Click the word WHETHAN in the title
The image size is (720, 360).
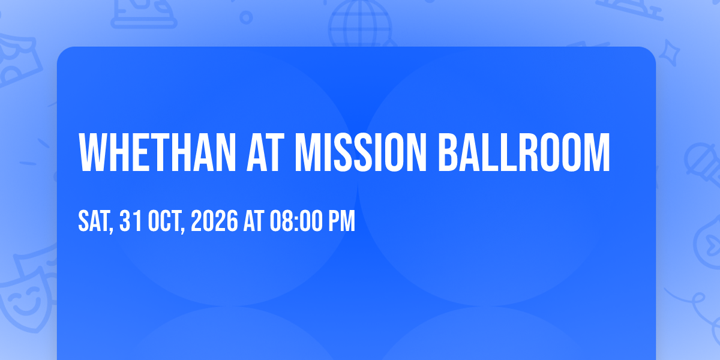[x=157, y=152]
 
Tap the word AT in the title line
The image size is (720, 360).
[x=265, y=152]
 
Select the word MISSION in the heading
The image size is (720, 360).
[x=361, y=152]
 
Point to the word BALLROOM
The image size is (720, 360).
[x=524, y=152]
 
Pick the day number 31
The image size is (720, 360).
[x=131, y=221]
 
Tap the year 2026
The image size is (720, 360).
[x=214, y=221]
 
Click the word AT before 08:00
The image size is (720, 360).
[x=254, y=221]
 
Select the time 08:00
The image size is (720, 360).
[x=296, y=221]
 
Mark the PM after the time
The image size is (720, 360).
[x=341, y=221]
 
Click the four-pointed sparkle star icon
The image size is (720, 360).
[x=670, y=53]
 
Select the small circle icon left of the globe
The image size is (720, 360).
[x=246, y=17]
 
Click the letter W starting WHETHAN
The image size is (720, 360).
[x=92, y=152]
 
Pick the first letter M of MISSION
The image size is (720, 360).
[x=306, y=152]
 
